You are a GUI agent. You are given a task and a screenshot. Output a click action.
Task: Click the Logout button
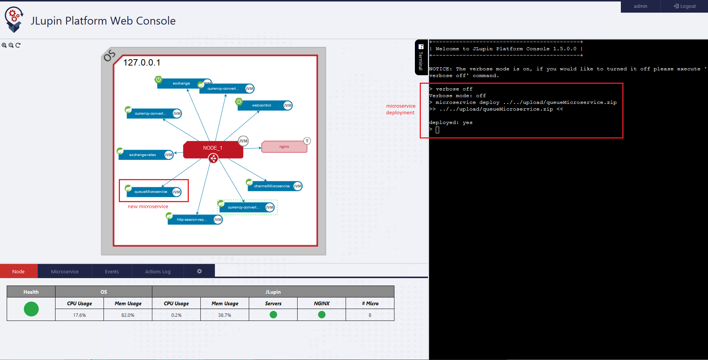pos(685,6)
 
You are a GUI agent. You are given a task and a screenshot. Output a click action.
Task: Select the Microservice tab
pos(65,271)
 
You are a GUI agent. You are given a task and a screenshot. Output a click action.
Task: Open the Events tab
pos(112,271)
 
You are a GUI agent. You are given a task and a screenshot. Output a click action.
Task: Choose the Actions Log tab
pos(158,271)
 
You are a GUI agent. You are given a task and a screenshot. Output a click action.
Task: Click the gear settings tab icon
pos(199,271)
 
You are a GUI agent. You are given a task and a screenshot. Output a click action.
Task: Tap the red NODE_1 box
pos(213,148)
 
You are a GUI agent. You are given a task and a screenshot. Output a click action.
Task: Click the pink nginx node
pos(284,147)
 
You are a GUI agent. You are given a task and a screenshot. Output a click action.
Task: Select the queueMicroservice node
pos(151,192)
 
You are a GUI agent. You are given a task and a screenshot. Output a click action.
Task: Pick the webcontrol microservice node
pos(262,105)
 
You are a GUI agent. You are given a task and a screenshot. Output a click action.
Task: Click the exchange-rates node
pos(143,155)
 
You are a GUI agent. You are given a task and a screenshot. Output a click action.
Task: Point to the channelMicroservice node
pos(272,186)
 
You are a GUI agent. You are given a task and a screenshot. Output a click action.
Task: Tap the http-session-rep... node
pos(192,220)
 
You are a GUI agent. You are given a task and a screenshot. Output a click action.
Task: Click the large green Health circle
pos(31,309)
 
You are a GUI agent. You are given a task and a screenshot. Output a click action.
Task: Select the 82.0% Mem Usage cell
pos(128,315)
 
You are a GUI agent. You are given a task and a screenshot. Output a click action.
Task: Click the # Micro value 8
pos(370,315)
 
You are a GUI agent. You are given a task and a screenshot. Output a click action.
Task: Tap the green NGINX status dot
pos(322,315)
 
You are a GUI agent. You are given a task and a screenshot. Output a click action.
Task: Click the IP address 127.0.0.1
pos(142,63)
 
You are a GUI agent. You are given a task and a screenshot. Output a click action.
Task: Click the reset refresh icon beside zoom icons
pos(18,45)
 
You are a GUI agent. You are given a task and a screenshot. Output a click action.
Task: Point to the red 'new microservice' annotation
pos(148,207)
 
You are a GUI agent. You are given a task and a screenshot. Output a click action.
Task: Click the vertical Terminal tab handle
pos(421,57)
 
